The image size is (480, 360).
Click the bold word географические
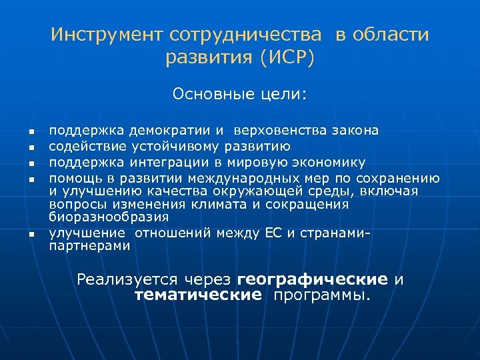click(313, 279)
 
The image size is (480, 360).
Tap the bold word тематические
click(198, 295)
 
